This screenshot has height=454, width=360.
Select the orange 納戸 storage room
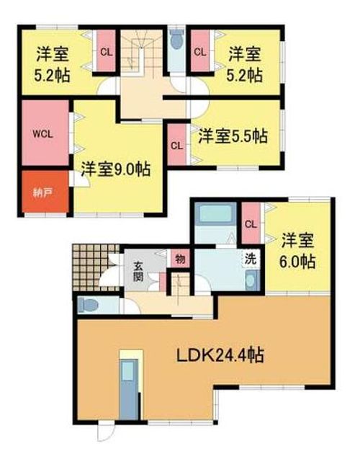point(41,192)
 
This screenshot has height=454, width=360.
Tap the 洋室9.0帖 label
point(115,171)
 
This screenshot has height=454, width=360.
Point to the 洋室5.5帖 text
point(233,135)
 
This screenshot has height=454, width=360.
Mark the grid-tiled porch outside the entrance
point(92,267)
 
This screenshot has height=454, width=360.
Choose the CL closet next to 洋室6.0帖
point(251,223)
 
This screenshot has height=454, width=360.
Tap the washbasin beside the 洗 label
point(250,280)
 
